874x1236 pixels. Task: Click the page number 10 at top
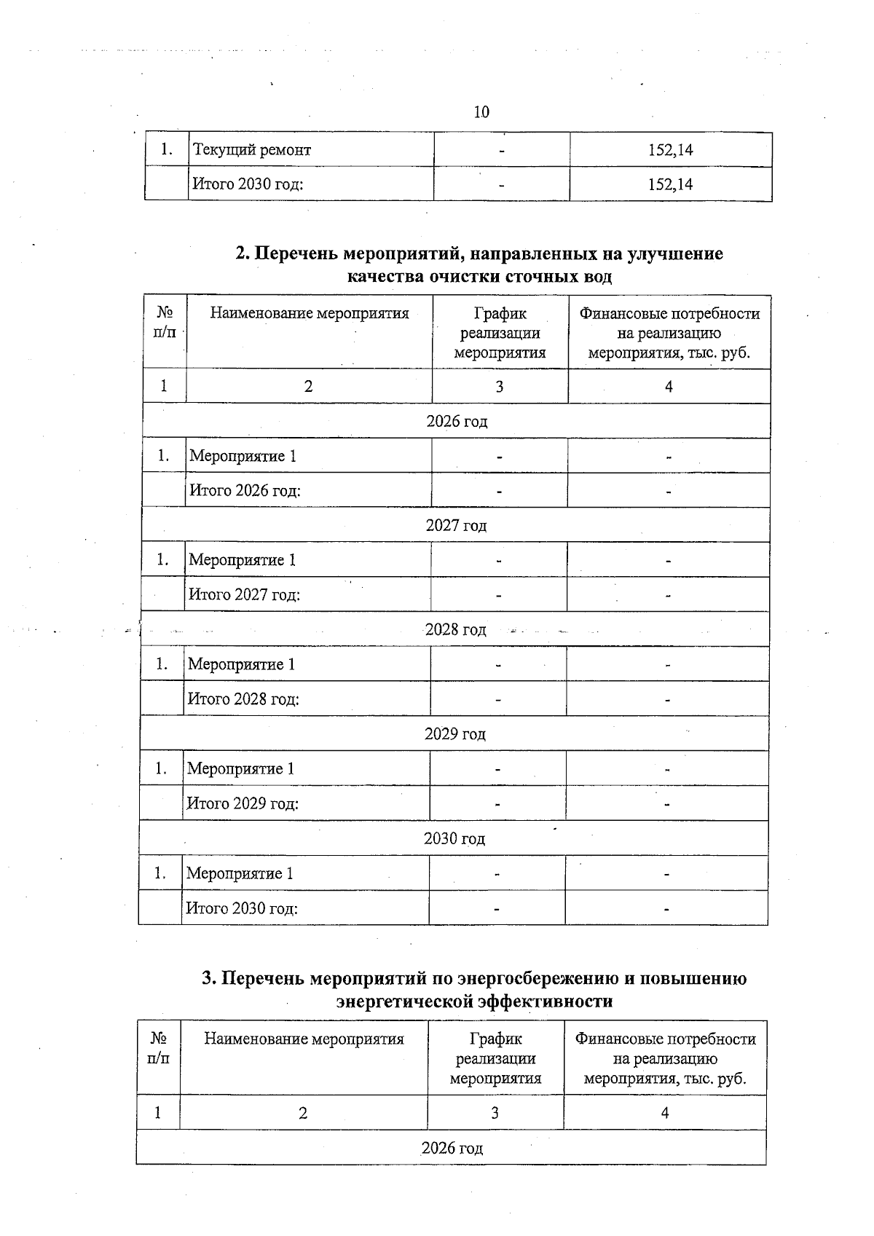481,111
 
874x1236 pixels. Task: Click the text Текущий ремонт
251,150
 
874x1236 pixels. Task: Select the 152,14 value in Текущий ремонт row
670,150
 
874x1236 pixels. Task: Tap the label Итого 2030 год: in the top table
247,184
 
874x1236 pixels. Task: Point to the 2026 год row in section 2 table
457,421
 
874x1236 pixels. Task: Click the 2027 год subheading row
456,525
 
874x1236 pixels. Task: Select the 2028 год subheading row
455,629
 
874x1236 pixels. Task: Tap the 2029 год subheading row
454,733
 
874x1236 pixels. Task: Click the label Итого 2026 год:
245,490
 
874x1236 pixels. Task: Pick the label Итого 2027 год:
244,594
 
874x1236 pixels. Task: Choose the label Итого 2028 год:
243,699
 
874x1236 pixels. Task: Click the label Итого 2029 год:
243,803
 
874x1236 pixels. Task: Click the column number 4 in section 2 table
669,386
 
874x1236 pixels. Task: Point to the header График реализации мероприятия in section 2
500,333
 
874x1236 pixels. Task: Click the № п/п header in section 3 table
158,1048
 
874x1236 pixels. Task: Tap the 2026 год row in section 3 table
452,1148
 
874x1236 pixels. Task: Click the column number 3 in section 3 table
495,1113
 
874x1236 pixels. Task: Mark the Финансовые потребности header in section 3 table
665,1039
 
